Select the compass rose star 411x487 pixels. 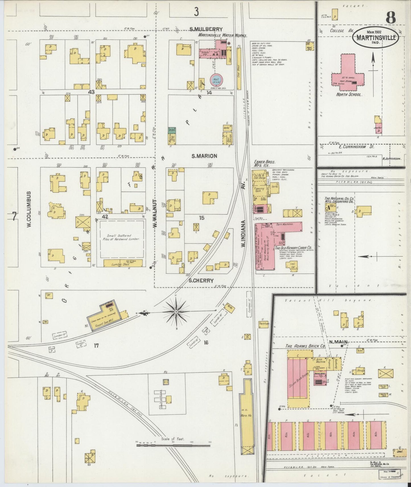point(176,312)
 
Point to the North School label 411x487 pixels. point(349,95)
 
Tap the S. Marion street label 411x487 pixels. point(204,156)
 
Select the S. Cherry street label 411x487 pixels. point(201,281)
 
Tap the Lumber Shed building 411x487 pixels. point(123,263)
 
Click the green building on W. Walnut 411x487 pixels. point(172,130)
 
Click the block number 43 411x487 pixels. point(91,92)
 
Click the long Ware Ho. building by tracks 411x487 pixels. point(245,418)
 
